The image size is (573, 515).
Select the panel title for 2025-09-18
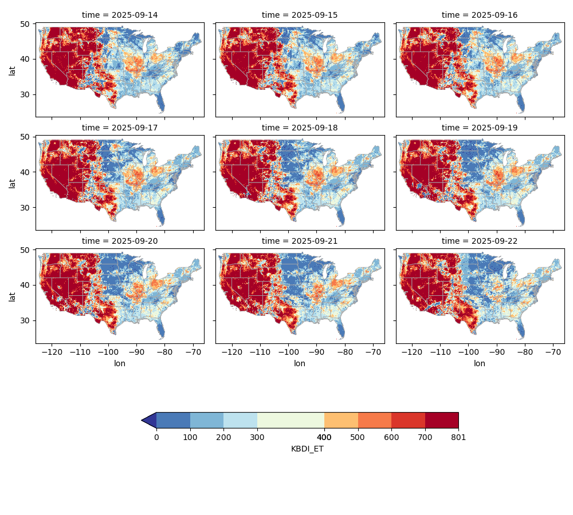(300, 128)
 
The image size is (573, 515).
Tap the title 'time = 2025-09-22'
(480, 241)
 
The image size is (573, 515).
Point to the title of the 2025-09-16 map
(480, 15)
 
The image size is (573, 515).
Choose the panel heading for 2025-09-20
(120, 241)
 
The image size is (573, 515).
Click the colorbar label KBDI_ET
(307, 449)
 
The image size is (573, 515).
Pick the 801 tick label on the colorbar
(458, 438)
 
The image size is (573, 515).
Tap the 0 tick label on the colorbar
(156, 438)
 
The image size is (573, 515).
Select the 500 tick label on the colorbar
(358, 438)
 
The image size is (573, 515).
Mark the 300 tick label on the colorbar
(257, 438)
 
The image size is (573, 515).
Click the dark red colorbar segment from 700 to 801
(442, 420)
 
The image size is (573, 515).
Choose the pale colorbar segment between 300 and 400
(291, 420)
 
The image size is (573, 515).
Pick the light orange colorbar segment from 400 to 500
(341, 420)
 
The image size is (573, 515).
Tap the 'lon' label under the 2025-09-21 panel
(300, 363)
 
